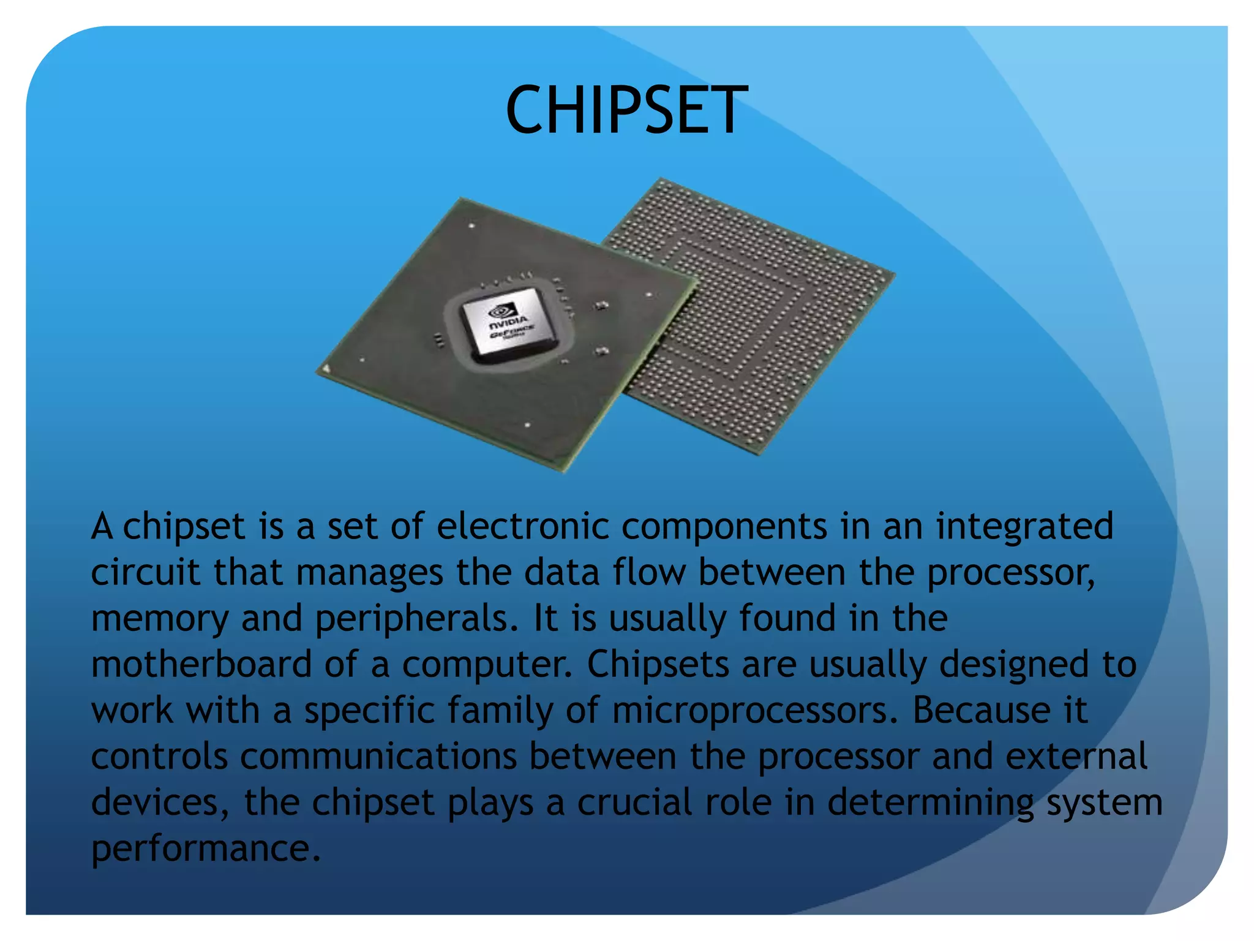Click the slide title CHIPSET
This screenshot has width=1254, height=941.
pyautogui.click(x=626, y=110)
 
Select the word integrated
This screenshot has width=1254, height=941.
pyautogui.click(x=1024, y=527)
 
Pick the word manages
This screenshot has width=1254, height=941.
pyautogui.click(x=370, y=573)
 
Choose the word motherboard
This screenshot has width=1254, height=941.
pyautogui.click(x=201, y=664)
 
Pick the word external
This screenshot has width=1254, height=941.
pyautogui.click(x=1076, y=756)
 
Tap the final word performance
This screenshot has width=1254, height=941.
pyautogui.click(x=206, y=849)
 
